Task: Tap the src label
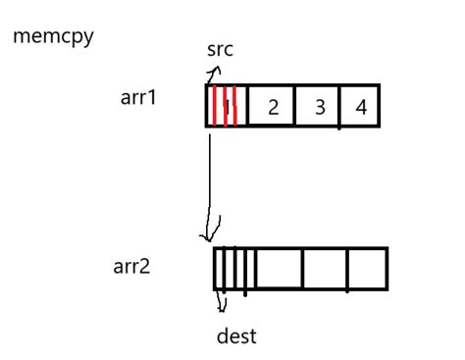[220, 50]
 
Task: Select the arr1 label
[136, 99]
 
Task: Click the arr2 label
[131, 266]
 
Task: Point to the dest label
[236, 336]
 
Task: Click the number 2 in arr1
[274, 107]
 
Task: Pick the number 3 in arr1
[320, 107]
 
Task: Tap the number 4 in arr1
[361, 107]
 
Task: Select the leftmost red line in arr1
[216, 106]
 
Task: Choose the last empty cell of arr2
[368, 269]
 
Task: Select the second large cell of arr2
[280, 269]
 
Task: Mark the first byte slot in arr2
[221, 269]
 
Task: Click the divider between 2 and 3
[296, 107]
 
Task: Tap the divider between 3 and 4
[340, 107]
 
